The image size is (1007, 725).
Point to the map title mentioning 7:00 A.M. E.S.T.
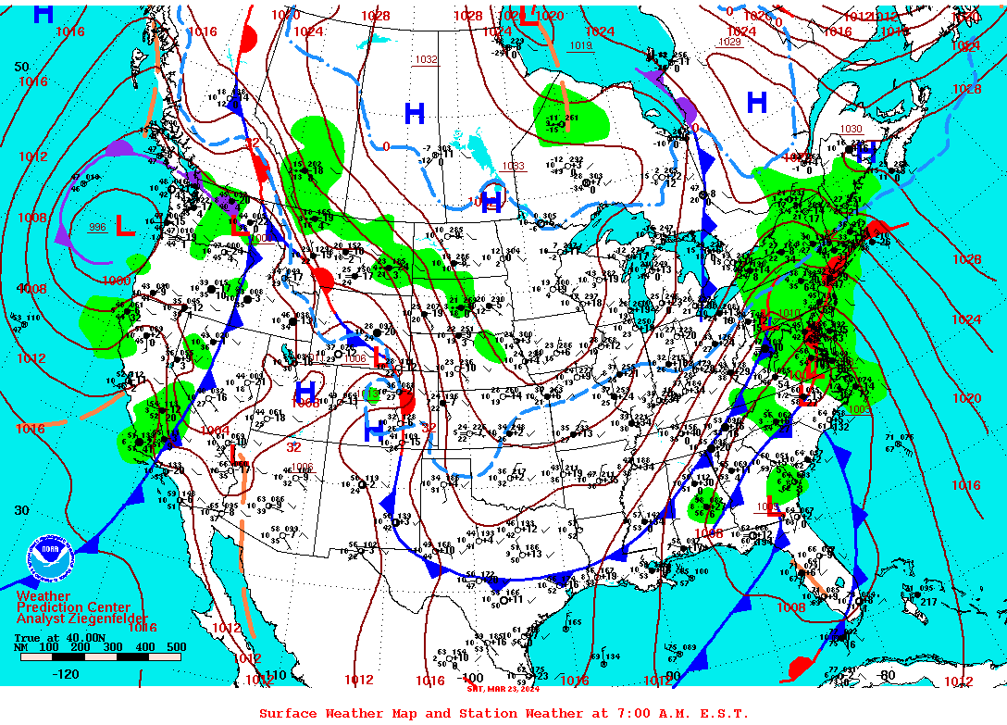pyautogui.click(x=503, y=713)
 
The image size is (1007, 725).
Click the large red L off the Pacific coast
pyautogui.click(x=122, y=225)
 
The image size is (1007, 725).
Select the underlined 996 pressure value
pyautogui.click(x=97, y=228)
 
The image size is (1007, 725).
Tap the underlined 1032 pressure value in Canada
pyautogui.click(x=426, y=59)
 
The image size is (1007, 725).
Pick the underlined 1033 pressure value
pyautogui.click(x=513, y=167)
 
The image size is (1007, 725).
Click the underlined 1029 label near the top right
pyautogui.click(x=729, y=43)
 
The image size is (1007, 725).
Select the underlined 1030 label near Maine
pyautogui.click(x=851, y=129)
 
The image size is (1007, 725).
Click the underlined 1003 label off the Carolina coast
pyautogui.click(x=858, y=408)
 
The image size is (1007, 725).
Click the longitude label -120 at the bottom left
pyautogui.click(x=66, y=674)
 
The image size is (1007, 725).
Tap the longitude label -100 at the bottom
pyautogui.click(x=471, y=677)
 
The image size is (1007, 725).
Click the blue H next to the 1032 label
pyautogui.click(x=414, y=114)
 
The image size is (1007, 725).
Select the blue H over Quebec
pyautogui.click(x=757, y=103)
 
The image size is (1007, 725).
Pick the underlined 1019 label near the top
pyautogui.click(x=580, y=45)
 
